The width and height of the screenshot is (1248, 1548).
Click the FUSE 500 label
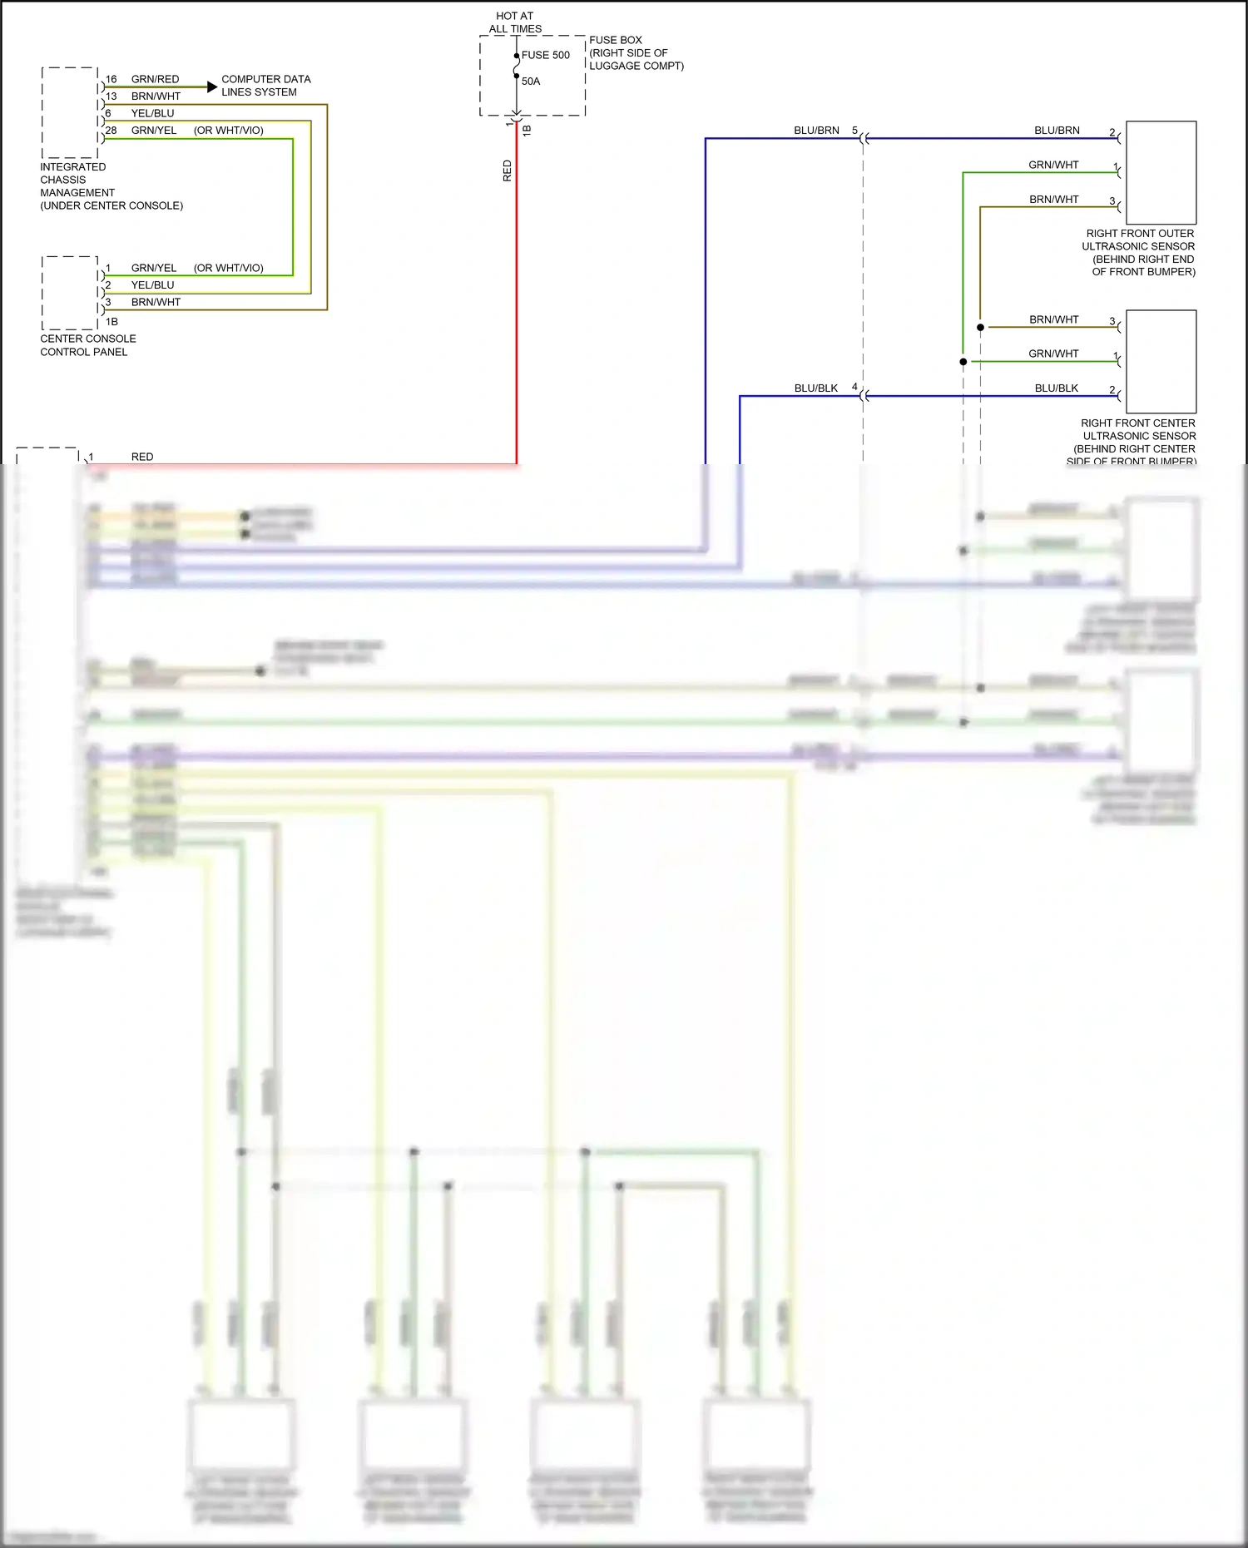coord(546,56)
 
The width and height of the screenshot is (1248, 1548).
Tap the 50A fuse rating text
coord(531,82)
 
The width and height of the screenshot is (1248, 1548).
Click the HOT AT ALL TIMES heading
coord(515,22)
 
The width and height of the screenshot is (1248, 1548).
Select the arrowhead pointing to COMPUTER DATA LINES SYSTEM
coord(212,87)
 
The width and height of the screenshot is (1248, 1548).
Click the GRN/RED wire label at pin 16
coord(155,79)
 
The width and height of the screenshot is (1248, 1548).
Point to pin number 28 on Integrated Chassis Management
coord(111,131)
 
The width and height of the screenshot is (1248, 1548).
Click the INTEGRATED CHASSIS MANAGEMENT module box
coord(70,112)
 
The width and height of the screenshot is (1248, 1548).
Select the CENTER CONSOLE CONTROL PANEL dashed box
coord(70,293)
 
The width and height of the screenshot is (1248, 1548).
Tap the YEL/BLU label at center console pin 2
coord(152,284)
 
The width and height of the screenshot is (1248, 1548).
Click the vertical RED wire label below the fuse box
coord(508,171)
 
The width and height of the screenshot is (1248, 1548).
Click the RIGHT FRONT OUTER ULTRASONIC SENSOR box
coord(1161,172)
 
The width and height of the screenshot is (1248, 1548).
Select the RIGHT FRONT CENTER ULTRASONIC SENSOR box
coord(1161,362)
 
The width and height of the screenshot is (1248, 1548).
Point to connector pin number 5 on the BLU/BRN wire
coord(854,131)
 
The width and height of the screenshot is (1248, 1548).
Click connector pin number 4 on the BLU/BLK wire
coord(854,387)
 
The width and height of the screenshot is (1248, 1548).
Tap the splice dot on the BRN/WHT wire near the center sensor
coord(980,328)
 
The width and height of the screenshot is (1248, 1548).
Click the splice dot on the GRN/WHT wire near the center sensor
coord(963,362)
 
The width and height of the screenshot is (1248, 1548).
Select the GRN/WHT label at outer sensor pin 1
coord(1053,165)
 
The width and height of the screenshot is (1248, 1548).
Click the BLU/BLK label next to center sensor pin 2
coord(1057,388)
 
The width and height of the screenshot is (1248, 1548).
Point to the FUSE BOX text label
coord(616,40)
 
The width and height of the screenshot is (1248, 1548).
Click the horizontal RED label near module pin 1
coord(142,457)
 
